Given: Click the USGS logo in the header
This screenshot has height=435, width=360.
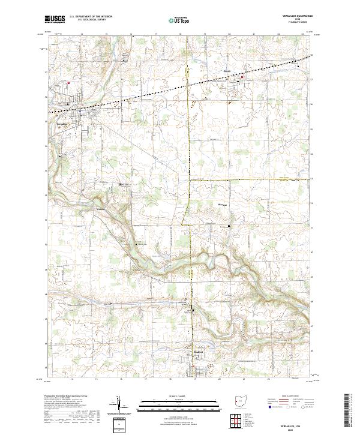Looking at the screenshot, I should tap(56, 19).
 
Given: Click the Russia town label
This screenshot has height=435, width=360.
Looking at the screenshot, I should tap(227, 71).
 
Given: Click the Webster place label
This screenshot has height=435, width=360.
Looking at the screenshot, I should tap(100, 209).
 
